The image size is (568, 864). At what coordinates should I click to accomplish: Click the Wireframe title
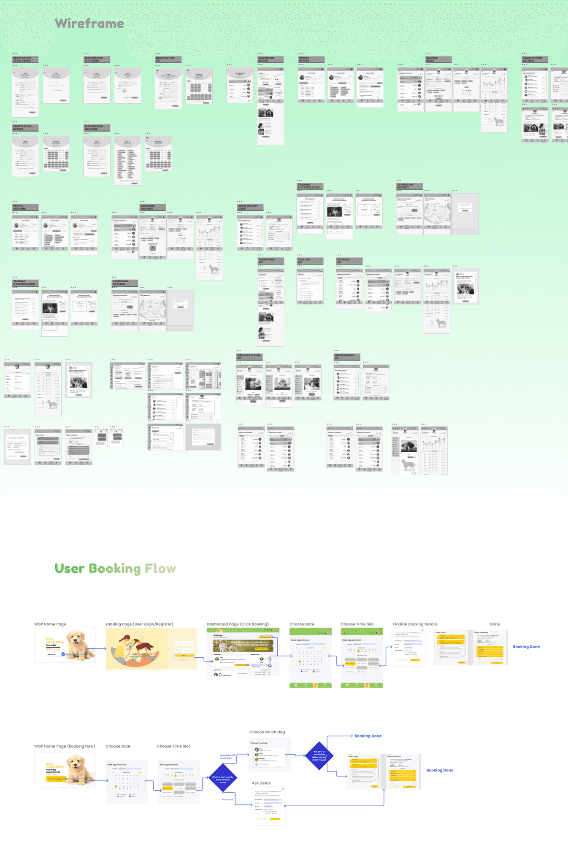(89, 24)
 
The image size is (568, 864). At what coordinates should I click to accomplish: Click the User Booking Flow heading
(115, 568)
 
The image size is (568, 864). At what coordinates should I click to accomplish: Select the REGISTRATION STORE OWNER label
(25, 59)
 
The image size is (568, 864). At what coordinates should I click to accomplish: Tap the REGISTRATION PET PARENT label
(97, 59)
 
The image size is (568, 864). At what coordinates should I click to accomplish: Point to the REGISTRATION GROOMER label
(97, 128)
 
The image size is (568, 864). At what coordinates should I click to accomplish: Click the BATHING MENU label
(438, 59)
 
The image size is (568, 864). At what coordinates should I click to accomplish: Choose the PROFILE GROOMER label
(25, 207)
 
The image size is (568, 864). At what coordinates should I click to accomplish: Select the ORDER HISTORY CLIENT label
(250, 207)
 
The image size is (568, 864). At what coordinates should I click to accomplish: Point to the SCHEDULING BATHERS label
(409, 186)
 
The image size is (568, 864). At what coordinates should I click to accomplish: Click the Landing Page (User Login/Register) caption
(139, 624)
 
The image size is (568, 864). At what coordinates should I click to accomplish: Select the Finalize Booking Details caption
(415, 624)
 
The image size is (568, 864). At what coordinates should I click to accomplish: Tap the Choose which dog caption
(267, 732)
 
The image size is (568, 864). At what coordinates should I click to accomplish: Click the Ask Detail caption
(261, 783)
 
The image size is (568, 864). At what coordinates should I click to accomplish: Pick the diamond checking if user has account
(222, 778)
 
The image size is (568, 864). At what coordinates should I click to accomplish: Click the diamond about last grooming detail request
(319, 756)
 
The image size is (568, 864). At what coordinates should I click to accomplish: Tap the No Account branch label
(227, 799)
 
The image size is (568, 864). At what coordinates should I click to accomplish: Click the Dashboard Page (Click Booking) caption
(238, 624)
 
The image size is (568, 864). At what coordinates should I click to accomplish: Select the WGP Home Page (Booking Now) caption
(65, 746)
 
